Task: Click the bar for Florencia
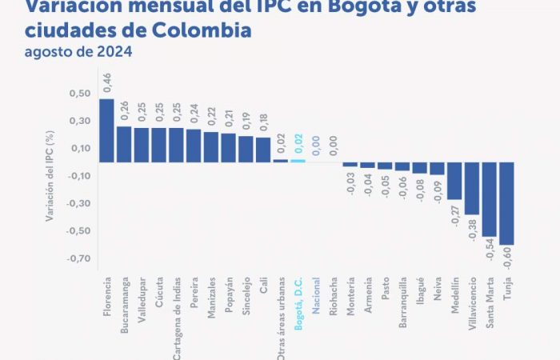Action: (x=106, y=130)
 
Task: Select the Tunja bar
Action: (x=506, y=203)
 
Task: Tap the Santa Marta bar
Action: (x=489, y=199)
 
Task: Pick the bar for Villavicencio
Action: (x=472, y=188)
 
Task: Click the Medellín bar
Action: (x=454, y=181)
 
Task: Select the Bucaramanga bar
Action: (x=124, y=144)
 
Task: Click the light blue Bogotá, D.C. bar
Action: (x=298, y=160)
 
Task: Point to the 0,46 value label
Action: (x=106, y=83)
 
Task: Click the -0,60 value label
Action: (x=507, y=261)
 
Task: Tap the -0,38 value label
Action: (x=472, y=230)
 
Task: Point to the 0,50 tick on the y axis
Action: (x=79, y=94)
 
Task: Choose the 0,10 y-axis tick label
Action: (x=79, y=149)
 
